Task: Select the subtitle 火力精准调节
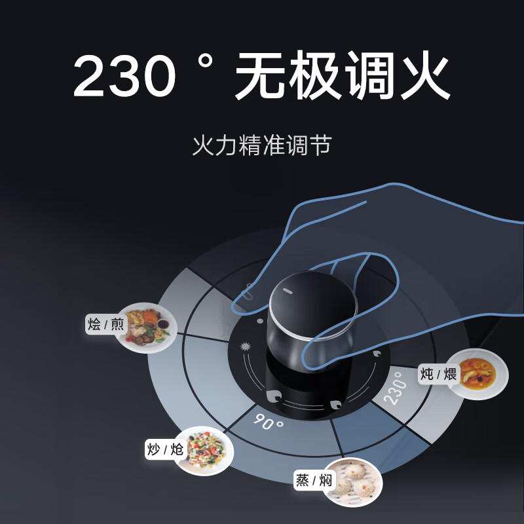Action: click(x=262, y=144)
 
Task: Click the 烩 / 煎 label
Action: click(x=105, y=324)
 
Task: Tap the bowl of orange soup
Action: click(x=482, y=371)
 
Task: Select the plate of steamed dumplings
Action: click(x=352, y=482)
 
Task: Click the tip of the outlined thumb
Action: click(x=244, y=303)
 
